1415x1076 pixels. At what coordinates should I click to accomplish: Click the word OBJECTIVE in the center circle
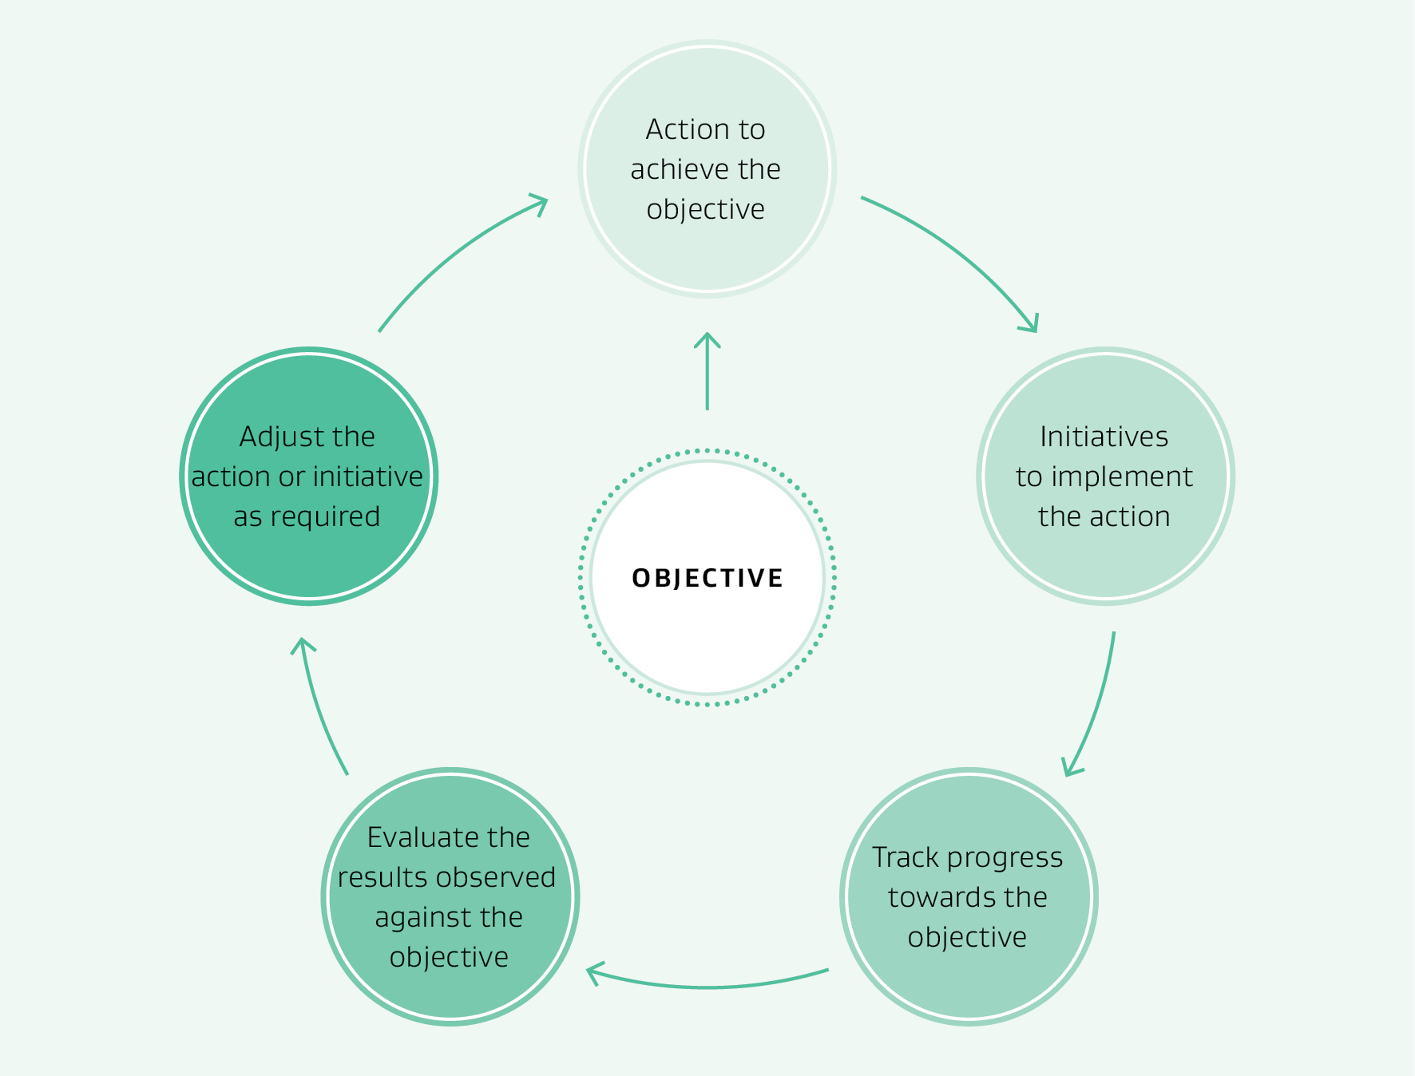[707, 578]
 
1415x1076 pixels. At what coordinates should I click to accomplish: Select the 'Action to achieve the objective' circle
[707, 169]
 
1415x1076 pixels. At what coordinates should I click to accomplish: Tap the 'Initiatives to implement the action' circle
[1105, 477]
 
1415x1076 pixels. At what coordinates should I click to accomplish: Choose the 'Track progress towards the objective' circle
[969, 897]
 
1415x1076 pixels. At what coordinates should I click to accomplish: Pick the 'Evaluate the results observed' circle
[450, 897]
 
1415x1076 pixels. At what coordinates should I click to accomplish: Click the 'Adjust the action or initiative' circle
[308, 477]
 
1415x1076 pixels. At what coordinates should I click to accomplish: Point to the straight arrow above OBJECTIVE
[707, 371]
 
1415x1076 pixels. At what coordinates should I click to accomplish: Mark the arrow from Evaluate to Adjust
[319, 702]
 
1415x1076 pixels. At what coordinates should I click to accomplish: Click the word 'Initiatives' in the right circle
[1104, 437]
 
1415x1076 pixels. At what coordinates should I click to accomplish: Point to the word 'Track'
[905, 857]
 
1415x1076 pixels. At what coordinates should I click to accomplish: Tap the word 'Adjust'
[274, 437]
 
